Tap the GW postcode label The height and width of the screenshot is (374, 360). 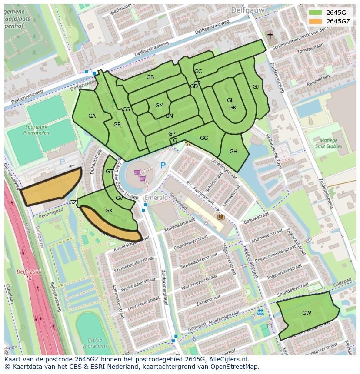pyautogui.click(x=307, y=313)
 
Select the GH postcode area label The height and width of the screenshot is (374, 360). pyautogui.click(x=233, y=151)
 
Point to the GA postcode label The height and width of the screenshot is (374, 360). pyautogui.click(x=92, y=116)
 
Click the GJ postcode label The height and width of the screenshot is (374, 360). pyautogui.click(x=256, y=86)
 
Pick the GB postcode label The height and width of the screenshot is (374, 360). pyautogui.click(x=150, y=77)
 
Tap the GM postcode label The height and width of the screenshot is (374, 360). pyautogui.click(x=159, y=105)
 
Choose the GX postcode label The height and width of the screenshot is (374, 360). pyautogui.click(x=109, y=210)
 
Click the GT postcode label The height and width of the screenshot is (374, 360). pyautogui.click(x=109, y=172)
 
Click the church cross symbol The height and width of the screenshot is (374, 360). pyautogui.click(x=270, y=36)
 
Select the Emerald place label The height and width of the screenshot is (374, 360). pyautogui.click(x=156, y=197)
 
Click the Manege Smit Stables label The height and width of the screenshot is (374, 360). pyautogui.click(x=328, y=143)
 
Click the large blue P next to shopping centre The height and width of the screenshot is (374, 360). pyautogui.click(x=163, y=165)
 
